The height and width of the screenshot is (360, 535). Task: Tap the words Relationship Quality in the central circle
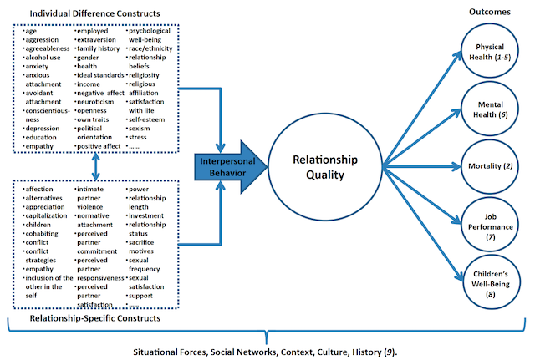325,167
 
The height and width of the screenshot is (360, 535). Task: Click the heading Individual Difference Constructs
94,13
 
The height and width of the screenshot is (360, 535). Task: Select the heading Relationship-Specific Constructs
94,318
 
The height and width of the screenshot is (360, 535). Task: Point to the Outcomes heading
490,12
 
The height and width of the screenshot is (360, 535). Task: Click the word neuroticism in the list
95,102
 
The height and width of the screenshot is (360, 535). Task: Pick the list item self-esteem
147,119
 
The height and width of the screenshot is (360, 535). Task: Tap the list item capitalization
47,216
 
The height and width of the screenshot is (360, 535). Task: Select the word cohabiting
42,234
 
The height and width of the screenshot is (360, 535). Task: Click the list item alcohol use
43,58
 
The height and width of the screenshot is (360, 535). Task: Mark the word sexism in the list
140,129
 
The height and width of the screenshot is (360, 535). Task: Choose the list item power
139,190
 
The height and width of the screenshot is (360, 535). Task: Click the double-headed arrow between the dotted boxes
96,166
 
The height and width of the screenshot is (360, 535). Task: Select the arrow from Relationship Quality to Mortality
421,167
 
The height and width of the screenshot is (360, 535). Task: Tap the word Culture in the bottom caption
331,352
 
